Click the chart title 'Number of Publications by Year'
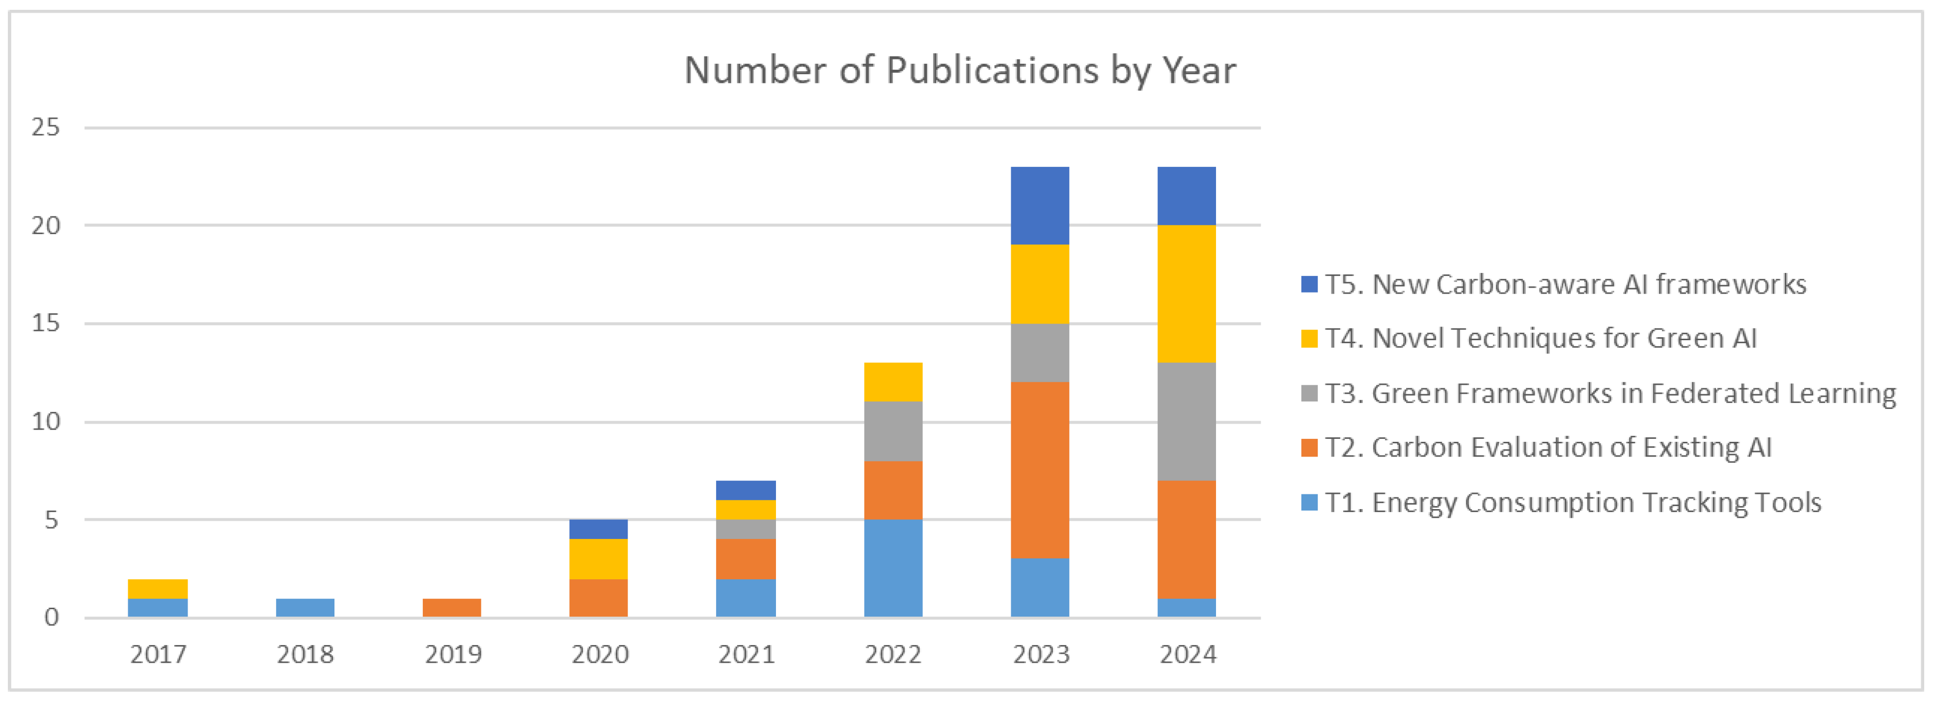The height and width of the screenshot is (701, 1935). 959,71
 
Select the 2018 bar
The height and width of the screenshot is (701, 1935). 305,607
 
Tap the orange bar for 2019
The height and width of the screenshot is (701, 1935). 451,607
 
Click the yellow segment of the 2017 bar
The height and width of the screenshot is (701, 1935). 158,589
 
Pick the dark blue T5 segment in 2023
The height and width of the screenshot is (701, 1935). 1040,206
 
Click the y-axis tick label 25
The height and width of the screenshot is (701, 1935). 45,128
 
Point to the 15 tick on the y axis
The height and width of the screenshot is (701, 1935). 45,324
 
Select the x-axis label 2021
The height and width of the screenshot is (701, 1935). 746,654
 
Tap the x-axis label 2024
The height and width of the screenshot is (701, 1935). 1188,654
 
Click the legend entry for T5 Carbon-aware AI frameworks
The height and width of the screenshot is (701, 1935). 1565,284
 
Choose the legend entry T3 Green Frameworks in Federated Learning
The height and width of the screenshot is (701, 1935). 1610,393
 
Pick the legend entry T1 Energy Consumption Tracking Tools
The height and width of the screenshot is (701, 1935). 1572,502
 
